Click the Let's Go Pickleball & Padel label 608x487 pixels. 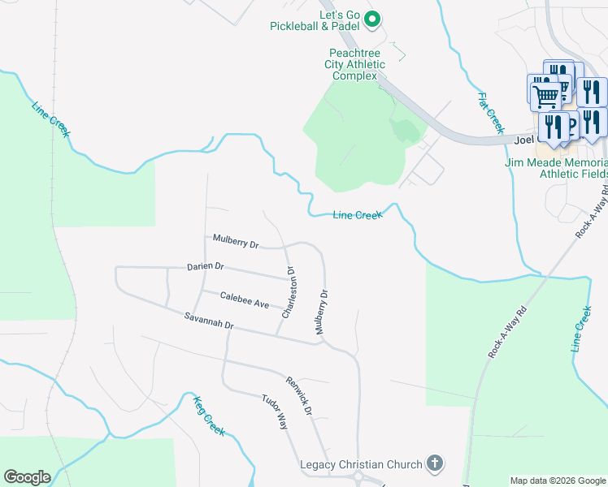317,20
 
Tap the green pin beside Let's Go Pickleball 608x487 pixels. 372,19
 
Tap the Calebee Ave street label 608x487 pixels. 244,303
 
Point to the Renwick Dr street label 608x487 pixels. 298,395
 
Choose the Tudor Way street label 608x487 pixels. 275,412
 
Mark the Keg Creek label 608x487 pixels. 209,416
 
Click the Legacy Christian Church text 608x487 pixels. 361,464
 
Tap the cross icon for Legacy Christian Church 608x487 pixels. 435,463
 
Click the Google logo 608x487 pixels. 27,477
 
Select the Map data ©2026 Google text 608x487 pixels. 557,481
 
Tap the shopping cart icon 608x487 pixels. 545,96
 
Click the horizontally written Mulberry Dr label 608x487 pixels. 235,241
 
